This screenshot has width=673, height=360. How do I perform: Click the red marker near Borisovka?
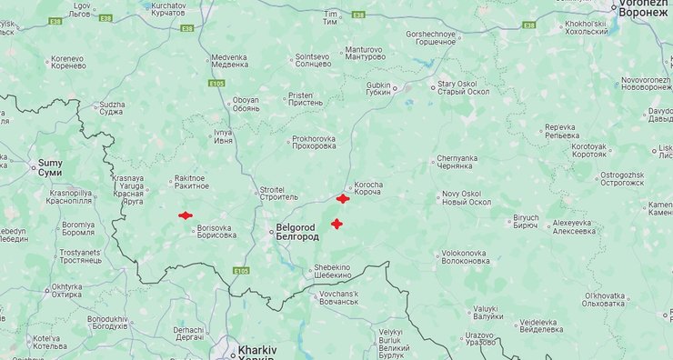tap(185, 215)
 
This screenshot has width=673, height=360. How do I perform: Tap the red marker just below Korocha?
tap(343, 198)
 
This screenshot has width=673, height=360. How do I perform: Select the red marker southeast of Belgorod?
tap(336, 224)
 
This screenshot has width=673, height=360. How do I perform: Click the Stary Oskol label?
tap(465, 88)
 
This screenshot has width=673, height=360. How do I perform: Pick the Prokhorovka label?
tap(314, 143)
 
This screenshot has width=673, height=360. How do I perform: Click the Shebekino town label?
tap(332, 271)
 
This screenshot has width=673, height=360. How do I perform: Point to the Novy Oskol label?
tap(467, 197)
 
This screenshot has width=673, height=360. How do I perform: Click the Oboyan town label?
tap(245, 105)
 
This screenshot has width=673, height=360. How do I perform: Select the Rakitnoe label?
tap(191, 182)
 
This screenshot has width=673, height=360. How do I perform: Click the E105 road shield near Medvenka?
tap(216, 83)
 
